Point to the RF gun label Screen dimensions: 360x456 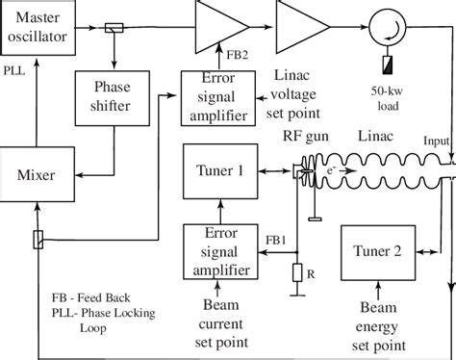point(300,139)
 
